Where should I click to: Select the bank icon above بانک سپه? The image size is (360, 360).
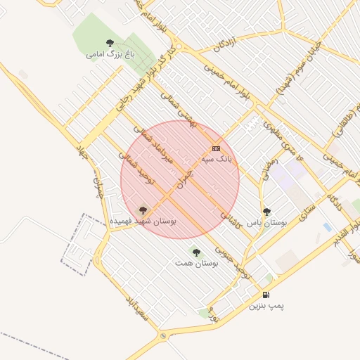point(215,148)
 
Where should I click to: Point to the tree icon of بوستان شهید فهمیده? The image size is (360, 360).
point(143,210)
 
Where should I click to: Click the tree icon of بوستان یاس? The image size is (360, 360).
point(266,212)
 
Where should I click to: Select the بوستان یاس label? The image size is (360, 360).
point(266,222)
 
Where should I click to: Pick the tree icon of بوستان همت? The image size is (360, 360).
point(196,252)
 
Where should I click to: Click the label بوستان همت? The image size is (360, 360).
point(196,263)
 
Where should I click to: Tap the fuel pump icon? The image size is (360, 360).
point(266,295)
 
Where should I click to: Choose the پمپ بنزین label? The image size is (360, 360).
point(266,307)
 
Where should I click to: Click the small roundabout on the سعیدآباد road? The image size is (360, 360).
point(163,335)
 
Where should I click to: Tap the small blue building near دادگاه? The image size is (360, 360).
point(327,226)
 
